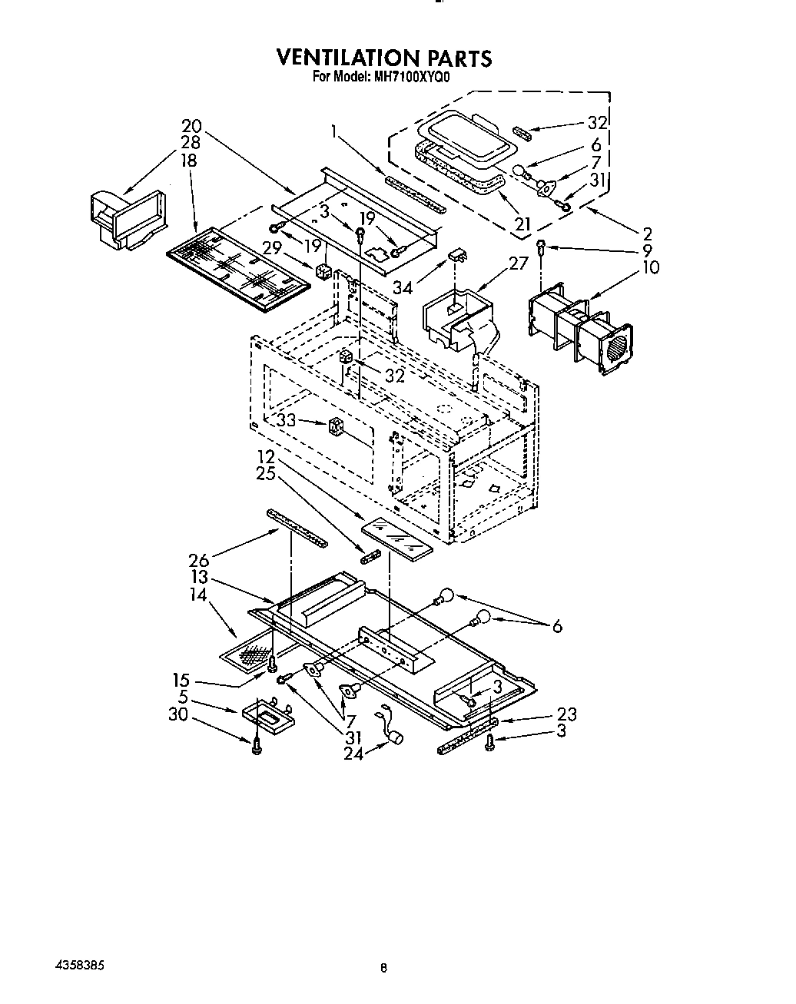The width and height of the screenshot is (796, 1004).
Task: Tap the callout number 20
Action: [191, 126]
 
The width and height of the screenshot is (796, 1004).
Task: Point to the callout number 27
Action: [519, 263]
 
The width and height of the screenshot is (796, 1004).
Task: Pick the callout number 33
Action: [287, 420]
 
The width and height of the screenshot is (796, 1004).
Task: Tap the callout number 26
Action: [198, 562]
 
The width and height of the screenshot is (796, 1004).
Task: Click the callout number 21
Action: [522, 224]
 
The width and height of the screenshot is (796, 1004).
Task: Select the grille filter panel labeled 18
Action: [238, 270]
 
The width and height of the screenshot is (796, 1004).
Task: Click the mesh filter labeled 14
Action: [250, 654]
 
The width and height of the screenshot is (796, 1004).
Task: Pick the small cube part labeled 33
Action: [335, 426]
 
